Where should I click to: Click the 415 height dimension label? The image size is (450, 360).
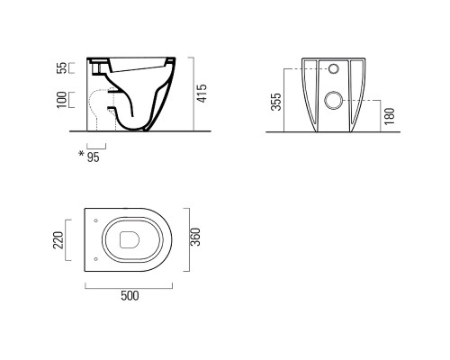coord(202,94)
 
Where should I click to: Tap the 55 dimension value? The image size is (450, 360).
coord(61,68)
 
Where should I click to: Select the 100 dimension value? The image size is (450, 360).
coord(61,100)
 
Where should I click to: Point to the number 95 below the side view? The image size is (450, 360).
coord(93,157)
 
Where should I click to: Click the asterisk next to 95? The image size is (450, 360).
coord(81,154)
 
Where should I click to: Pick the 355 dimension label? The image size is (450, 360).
coord(276,102)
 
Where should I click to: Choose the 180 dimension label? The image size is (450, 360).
coord(389,116)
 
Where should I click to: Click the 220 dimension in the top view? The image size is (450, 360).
coord(58,240)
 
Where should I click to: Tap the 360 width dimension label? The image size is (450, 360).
coord(195,237)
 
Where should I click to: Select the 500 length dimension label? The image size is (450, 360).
coord(130,296)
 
